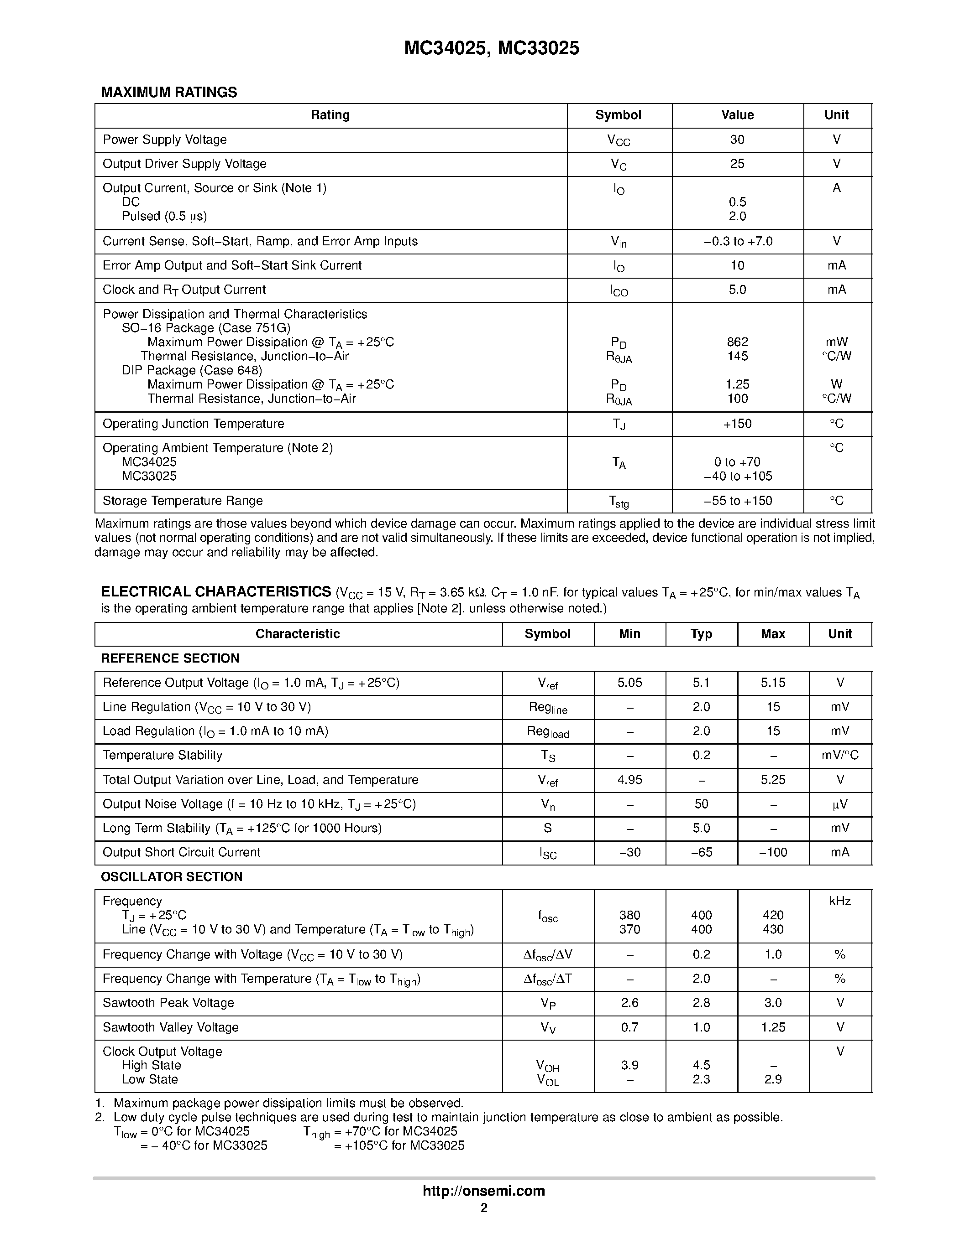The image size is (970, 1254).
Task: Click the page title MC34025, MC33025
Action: pyautogui.click(x=491, y=49)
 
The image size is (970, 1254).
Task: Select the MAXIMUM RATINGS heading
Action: pyautogui.click(x=169, y=93)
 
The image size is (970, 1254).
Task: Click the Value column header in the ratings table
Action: pyautogui.click(x=737, y=115)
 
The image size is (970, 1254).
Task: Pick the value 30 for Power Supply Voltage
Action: pyautogui.click(x=737, y=140)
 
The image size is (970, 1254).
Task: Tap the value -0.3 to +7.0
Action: pyautogui.click(x=738, y=241)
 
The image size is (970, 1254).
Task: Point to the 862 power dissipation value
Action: pyautogui.click(x=737, y=342)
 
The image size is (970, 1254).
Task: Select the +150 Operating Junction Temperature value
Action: pyautogui.click(x=737, y=424)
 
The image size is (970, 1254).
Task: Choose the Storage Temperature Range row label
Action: pyautogui.click(x=183, y=501)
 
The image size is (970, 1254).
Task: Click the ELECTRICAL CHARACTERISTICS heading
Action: pyautogui.click(x=216, y=592)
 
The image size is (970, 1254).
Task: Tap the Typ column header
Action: pyautogui.click(x=701, y=634)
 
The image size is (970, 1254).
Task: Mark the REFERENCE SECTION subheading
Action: pyautogui.click(x=170, y=658)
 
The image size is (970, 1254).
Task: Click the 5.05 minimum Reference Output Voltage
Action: pyautogui.click(x=630, y=683)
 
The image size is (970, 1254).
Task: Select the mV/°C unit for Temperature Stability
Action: pyautogui.click(x=839, y=756)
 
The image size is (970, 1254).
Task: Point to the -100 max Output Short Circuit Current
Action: pyautogui.click(x=773, y=852)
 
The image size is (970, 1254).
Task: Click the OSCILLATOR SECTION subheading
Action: pyautogui.click(x=172, y=877)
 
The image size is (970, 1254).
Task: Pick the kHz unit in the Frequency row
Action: pyautogui.click(x=839, y=902)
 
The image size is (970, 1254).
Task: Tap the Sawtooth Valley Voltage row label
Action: pyautogui.click(x=171, y=1027)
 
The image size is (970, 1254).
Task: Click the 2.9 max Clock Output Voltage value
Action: pyautogui.click(x=773, y=1079)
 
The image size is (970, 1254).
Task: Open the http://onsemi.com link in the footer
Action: pyautogui.click(x=484, y=1191)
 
